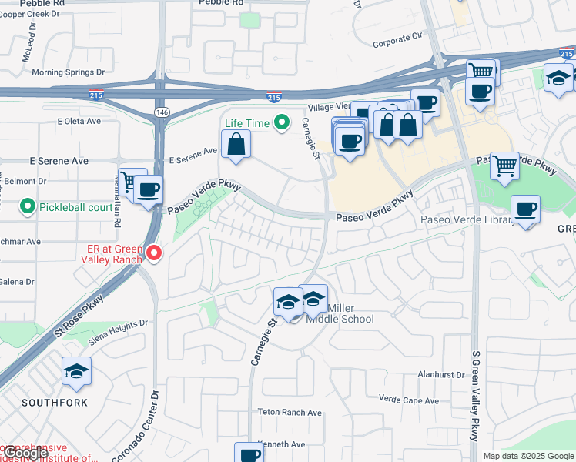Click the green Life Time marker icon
tap(282, 122)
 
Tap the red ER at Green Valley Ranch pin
tap(154, 253)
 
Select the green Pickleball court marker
tap(28, 206)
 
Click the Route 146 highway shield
tap(161, 112)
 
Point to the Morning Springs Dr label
tap(68, 73)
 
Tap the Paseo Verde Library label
tap(467, 221)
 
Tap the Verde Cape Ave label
tap(408, 400)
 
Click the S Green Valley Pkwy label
tap(475, 393)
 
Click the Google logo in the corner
tap(25, 453)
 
